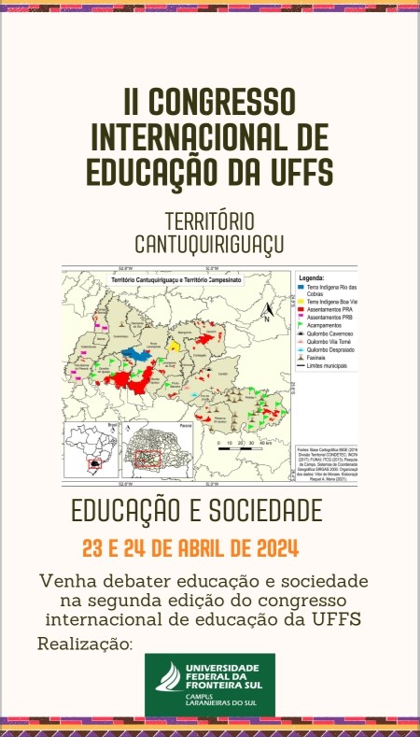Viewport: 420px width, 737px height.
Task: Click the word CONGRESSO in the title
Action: click(x=222, y=99)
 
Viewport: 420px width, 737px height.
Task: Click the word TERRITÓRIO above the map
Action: click(x=209, y=222)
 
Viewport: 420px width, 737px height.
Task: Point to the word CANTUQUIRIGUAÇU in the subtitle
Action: click(x=209, y=245)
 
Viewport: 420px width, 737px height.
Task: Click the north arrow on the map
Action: click(x=266, y=312)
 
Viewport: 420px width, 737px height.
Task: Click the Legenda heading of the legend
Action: click(x=311, y=278)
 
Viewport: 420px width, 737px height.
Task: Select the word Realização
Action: click(x=85, y=645)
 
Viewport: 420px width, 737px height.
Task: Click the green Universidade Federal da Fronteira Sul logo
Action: click(x=209, y=685)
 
